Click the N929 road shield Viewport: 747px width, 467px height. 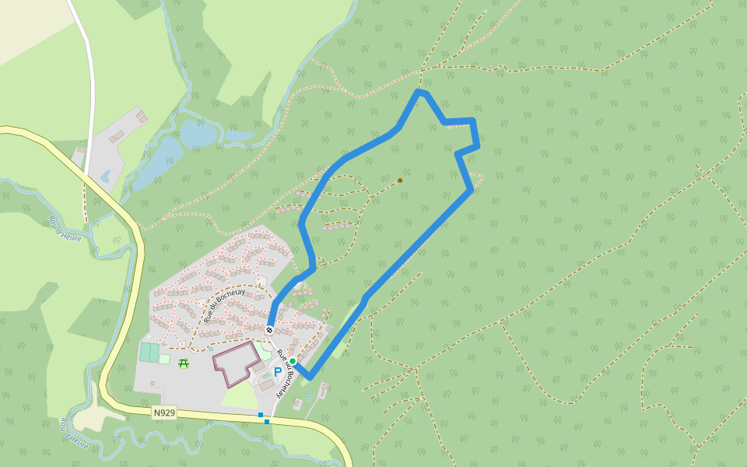click(x=164, y=413)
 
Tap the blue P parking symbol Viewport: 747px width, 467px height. click(x=278, y=373)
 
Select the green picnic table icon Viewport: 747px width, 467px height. click(x=184, y=363)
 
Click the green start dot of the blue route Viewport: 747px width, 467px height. click(x=293, y=362)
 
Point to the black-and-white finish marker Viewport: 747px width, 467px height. click(x=269, y=330)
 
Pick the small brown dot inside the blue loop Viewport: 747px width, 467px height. click(x=400, y=181)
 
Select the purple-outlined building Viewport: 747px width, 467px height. click(x=236, y=362)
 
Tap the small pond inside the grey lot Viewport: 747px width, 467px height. click(x=105, y=175)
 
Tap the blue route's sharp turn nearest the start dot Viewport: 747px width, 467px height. click(x=310, y=377)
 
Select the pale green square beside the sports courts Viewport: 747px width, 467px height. click(x=164, y=359)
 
